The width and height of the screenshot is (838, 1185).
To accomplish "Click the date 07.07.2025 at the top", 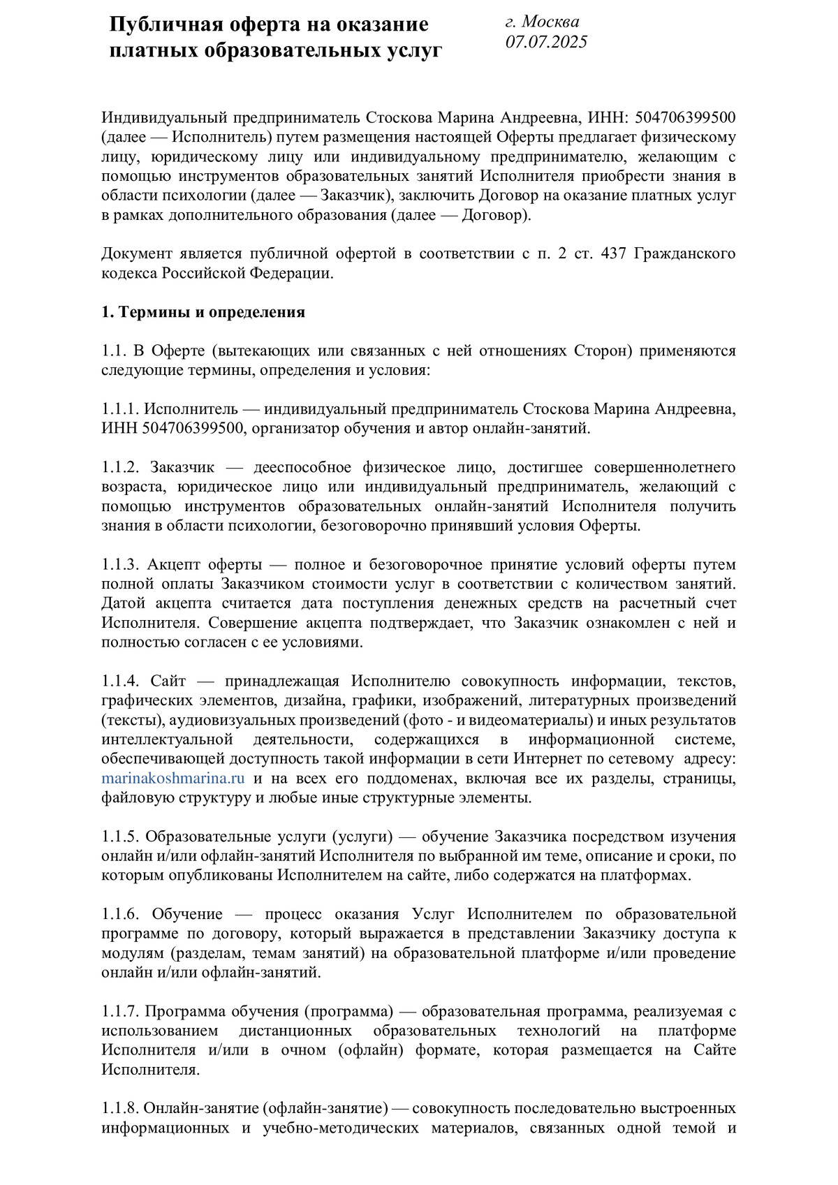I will click(546, 43).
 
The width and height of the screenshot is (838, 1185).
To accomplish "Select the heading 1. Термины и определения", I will click(203, 312).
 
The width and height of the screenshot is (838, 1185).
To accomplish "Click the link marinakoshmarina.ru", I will click(172, 779).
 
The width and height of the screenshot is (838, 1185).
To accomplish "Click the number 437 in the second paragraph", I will click(613, 253).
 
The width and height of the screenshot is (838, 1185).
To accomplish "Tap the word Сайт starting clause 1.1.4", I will click(168, 681).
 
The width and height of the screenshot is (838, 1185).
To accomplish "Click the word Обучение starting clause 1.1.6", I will click(187, 914).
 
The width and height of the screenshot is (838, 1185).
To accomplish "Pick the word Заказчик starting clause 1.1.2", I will click(182, 467).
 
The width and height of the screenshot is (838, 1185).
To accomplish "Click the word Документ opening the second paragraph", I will click(137, 253).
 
